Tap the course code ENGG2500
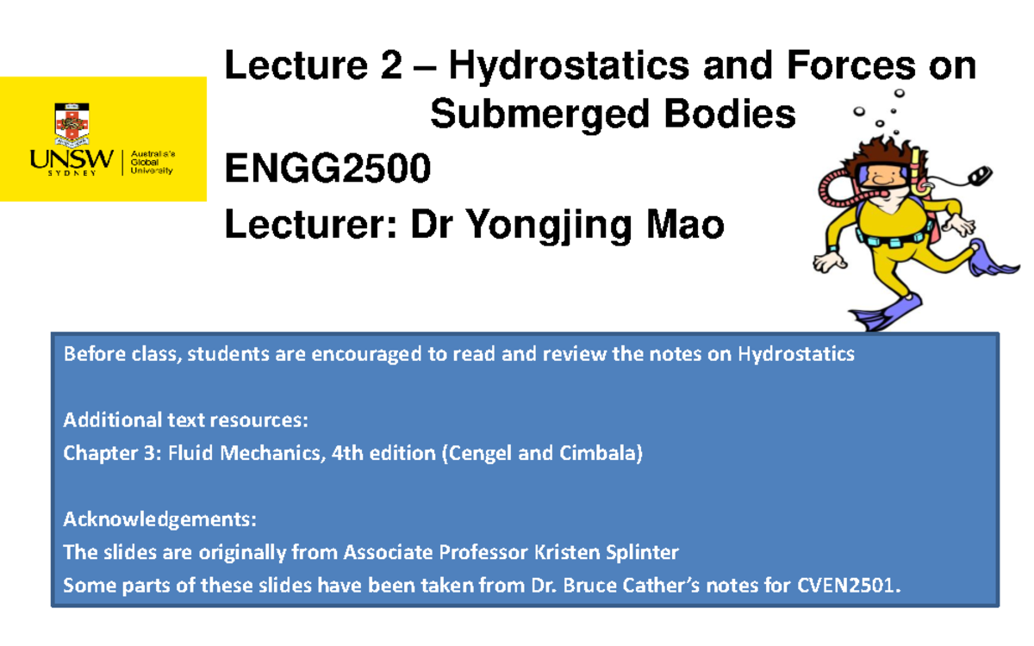point(327,170)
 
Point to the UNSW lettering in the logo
point(72,159)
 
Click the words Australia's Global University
point(153,162)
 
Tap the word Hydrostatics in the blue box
point(796,354)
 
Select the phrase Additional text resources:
point(184,420)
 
